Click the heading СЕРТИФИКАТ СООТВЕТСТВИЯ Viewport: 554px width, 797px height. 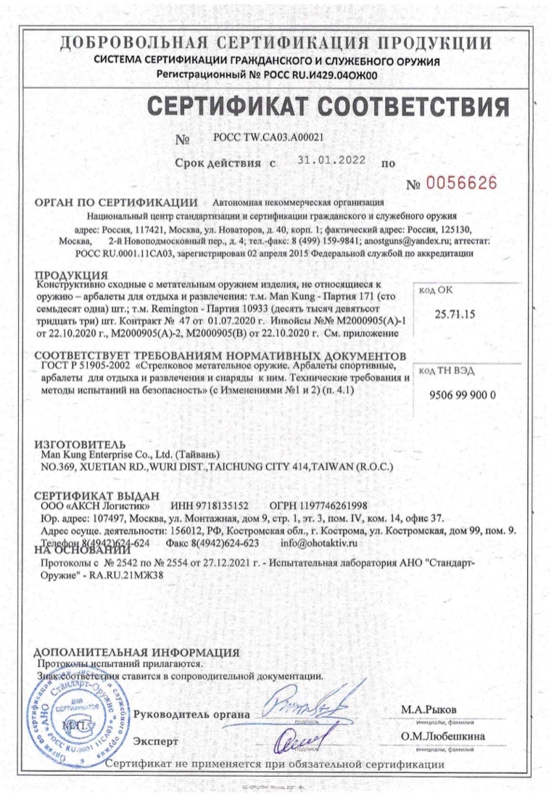(x=328, y=107)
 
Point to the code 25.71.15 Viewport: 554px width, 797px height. (x=453, y=315)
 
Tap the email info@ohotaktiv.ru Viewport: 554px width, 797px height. (x=319, y=542)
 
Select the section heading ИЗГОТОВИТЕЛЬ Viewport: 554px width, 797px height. (x=80, y=444)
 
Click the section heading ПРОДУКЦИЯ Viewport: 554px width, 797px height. (x=73, y=276)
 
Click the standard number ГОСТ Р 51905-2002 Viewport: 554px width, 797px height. (x=84, y=367)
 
